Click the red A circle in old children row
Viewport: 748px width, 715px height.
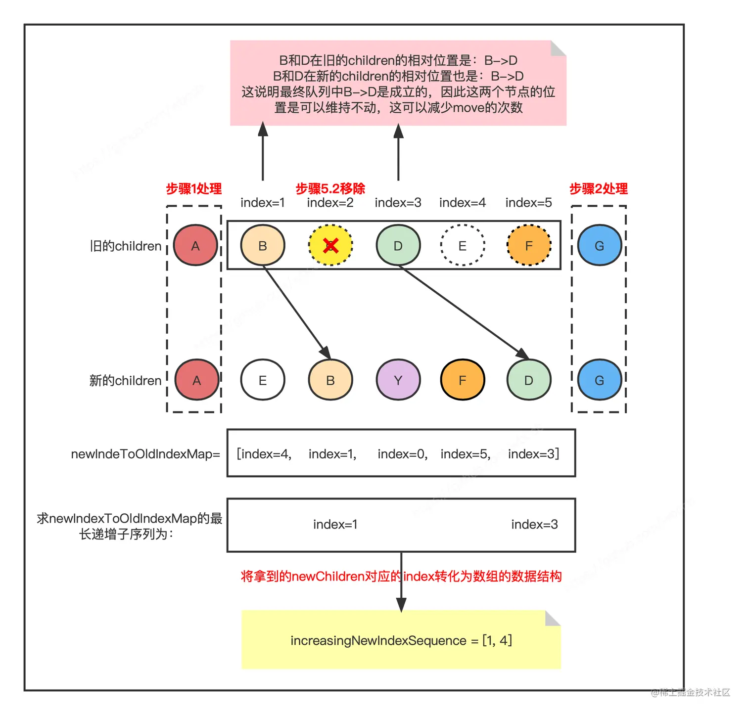pos(195,245)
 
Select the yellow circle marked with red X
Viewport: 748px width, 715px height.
pos(330,245)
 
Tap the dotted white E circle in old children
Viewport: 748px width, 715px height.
pos(463,245)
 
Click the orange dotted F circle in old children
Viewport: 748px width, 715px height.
pos(529,245)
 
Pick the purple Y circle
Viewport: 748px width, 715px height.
pos(398,380)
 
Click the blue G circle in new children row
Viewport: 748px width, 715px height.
pos(599,380)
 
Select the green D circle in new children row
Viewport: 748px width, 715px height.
pos(529,380)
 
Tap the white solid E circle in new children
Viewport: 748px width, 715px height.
pos(263,380)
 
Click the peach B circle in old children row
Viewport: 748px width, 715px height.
pos(263,245)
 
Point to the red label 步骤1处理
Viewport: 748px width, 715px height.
pos(193,188)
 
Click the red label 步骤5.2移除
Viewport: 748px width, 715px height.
pos(330,188)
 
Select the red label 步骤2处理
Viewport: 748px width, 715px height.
pos(599,188)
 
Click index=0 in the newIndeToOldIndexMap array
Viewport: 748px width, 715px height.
pos(402,454)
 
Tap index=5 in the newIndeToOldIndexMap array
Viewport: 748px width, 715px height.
pos(466,454)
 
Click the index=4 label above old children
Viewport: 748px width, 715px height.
pos(463,203)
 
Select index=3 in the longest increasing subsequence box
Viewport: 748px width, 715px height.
pos(534,524)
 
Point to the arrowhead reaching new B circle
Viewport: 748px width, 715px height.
pos(326,353)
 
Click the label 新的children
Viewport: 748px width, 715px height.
pos(125,380)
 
